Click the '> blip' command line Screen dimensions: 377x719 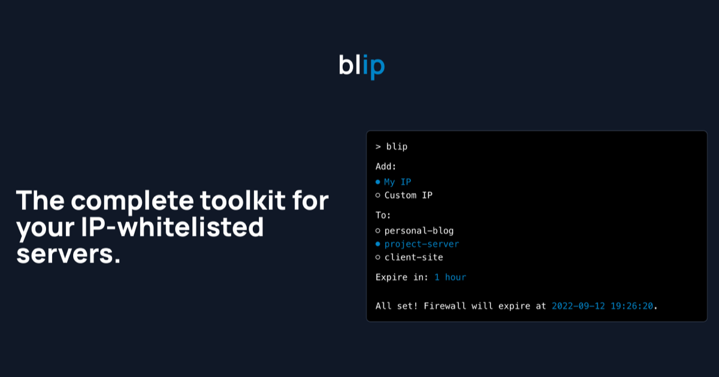[x=391, y=147]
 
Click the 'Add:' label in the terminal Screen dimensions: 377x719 [x=386, y=166]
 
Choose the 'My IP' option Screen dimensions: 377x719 [x=398, y=182]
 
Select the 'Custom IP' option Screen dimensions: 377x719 [x=408, y=195]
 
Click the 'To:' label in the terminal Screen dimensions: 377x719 [x=383, y=215]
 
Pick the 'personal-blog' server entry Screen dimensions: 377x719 [x=419, y=230]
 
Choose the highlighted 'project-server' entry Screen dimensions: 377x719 [x=422, y=244]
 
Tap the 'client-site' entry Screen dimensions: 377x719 [x=413, y=257]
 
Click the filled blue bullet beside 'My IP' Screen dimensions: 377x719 [x=378, y=182]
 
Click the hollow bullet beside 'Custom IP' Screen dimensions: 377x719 [x=378, y=195]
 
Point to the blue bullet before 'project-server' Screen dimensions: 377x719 [x=378, y=244]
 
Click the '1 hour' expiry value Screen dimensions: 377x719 [x=450, y=277]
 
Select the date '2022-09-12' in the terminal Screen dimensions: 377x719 [x=578, y=306]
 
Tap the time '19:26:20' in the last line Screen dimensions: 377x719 [x=632, y=306]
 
